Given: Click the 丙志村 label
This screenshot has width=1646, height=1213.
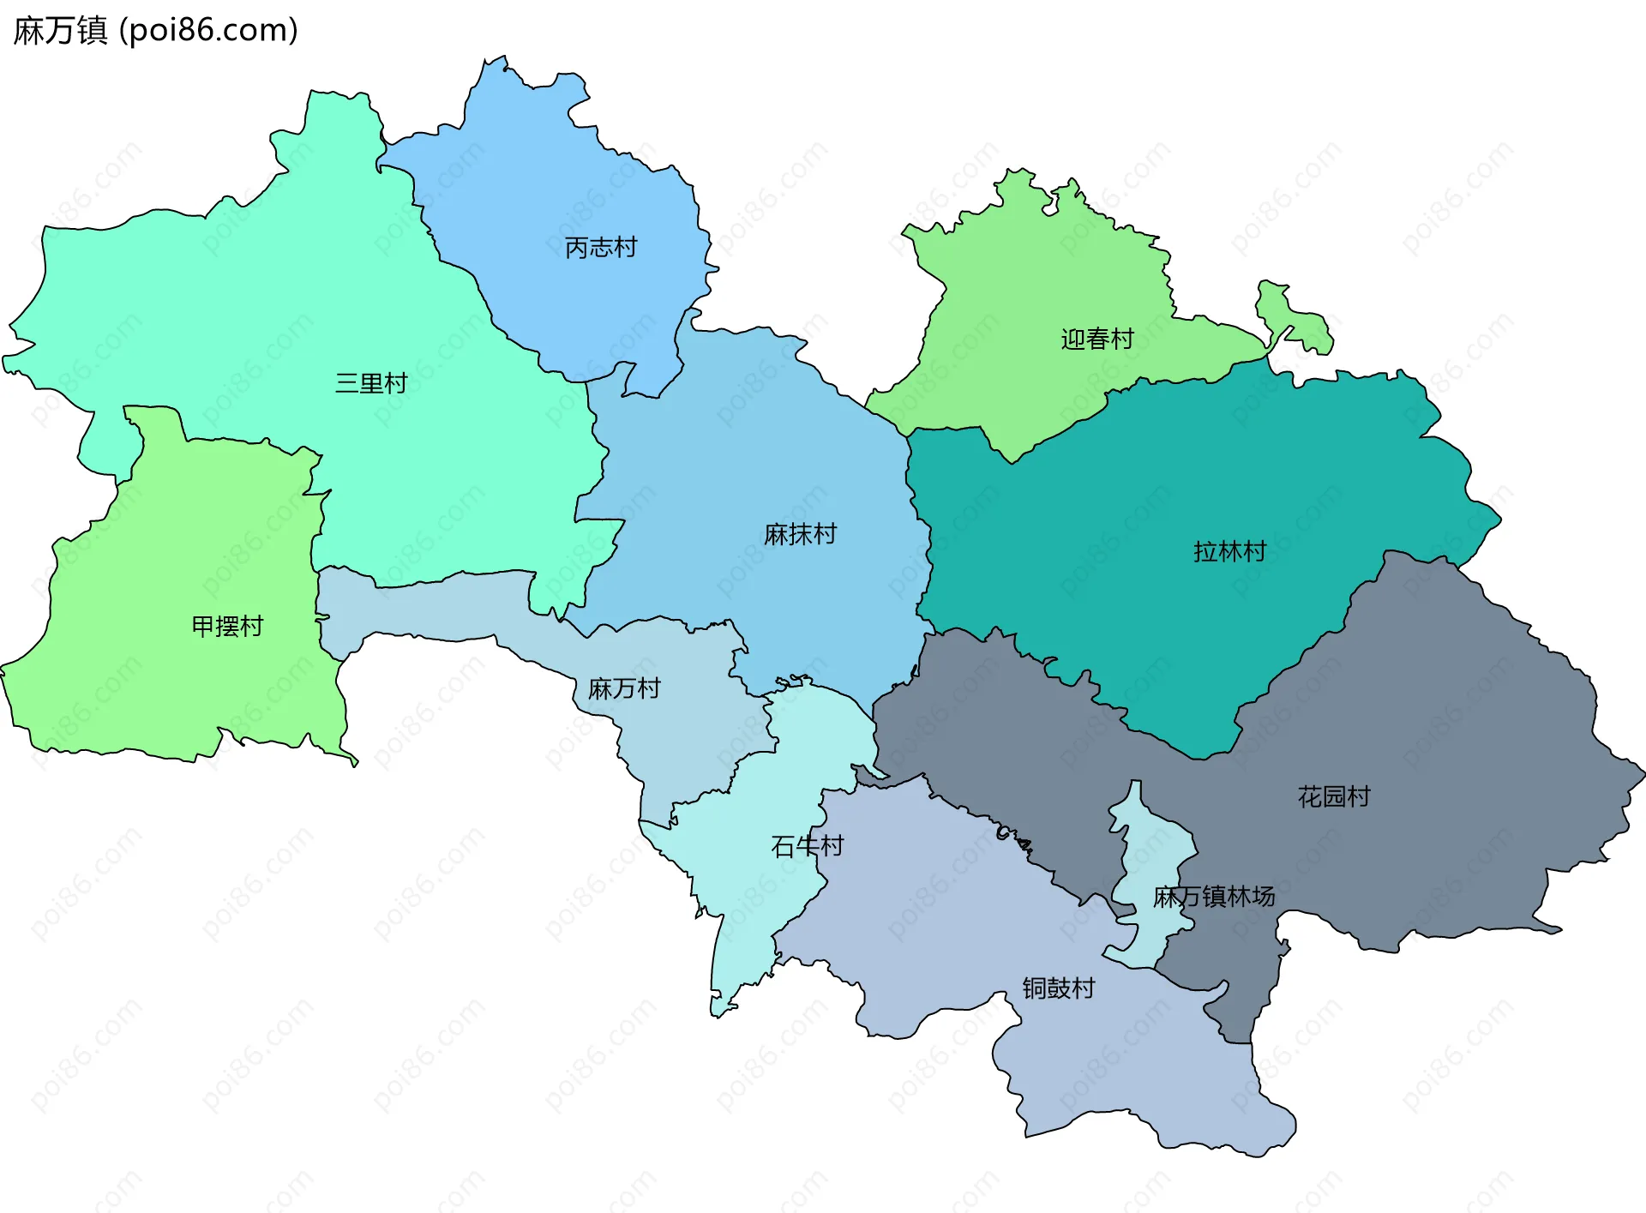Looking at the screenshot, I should click(x=601, y=248).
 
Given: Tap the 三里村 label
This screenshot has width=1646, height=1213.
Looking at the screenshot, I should click(x=371, y=383).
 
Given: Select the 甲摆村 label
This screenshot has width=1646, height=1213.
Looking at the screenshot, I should click(x=227, y=627).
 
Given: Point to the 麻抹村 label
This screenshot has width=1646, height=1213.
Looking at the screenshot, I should click(x=800, y=535).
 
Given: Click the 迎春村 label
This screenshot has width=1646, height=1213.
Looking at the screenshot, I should click(x=1096, y=339).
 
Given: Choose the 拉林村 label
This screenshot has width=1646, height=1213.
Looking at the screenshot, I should click(x=1229, y=551).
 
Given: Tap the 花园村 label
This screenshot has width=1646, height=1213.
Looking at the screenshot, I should click(x=1333, y=797).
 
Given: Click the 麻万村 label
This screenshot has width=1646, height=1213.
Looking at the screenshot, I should click(x=624, y=688).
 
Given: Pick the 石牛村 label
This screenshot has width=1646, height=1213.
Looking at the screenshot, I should click(x=807, y=847).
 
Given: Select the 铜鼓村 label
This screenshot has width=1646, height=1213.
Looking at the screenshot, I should click(x=1058, y=988).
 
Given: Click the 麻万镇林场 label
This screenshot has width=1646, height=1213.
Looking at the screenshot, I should click(x=1213, y=897).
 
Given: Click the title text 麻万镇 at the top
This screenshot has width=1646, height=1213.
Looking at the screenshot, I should click(x=60, y=31).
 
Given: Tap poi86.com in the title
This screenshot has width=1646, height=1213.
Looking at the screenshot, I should click(x=209, y=31).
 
